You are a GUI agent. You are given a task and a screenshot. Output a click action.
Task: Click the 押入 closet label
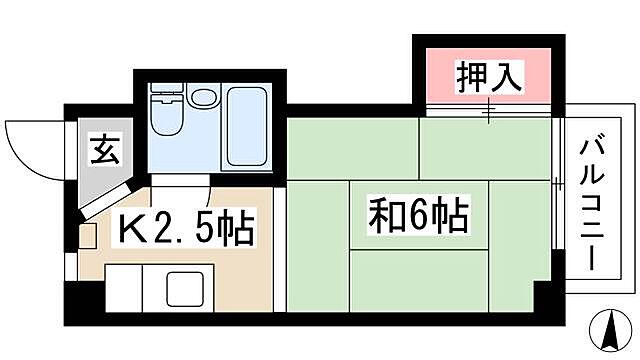[x=491, y=77]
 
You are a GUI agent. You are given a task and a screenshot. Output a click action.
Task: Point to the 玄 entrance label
[x=103, y=152]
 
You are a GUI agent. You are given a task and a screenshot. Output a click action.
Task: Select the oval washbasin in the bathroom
[x=203, y=100]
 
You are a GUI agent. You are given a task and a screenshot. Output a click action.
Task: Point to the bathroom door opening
[x=208, y=180]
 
